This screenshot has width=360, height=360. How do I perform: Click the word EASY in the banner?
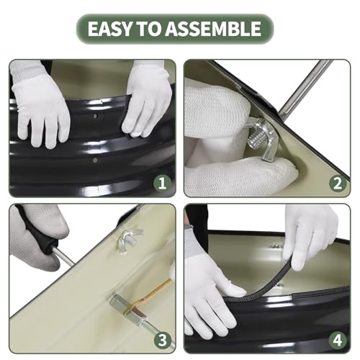[x=110, y=29]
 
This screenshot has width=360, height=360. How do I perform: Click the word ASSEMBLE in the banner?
[x=213, y=29]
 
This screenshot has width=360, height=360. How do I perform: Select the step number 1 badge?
[x=162, y=183]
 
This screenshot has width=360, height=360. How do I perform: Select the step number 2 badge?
[x=337, y=183]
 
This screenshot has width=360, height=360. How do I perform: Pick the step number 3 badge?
[x=163, y=341]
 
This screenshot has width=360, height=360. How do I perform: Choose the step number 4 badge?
[x=338, y=341]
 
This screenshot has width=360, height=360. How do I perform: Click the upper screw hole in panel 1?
[x=96, y=117]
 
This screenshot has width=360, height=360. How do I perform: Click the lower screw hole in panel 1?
[x=95, y=160]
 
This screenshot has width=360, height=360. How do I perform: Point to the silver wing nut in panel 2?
[x=261, y=139]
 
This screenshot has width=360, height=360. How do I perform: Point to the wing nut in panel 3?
[x=130, y=240]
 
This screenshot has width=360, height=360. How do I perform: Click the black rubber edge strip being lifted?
[x=265, y=283]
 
